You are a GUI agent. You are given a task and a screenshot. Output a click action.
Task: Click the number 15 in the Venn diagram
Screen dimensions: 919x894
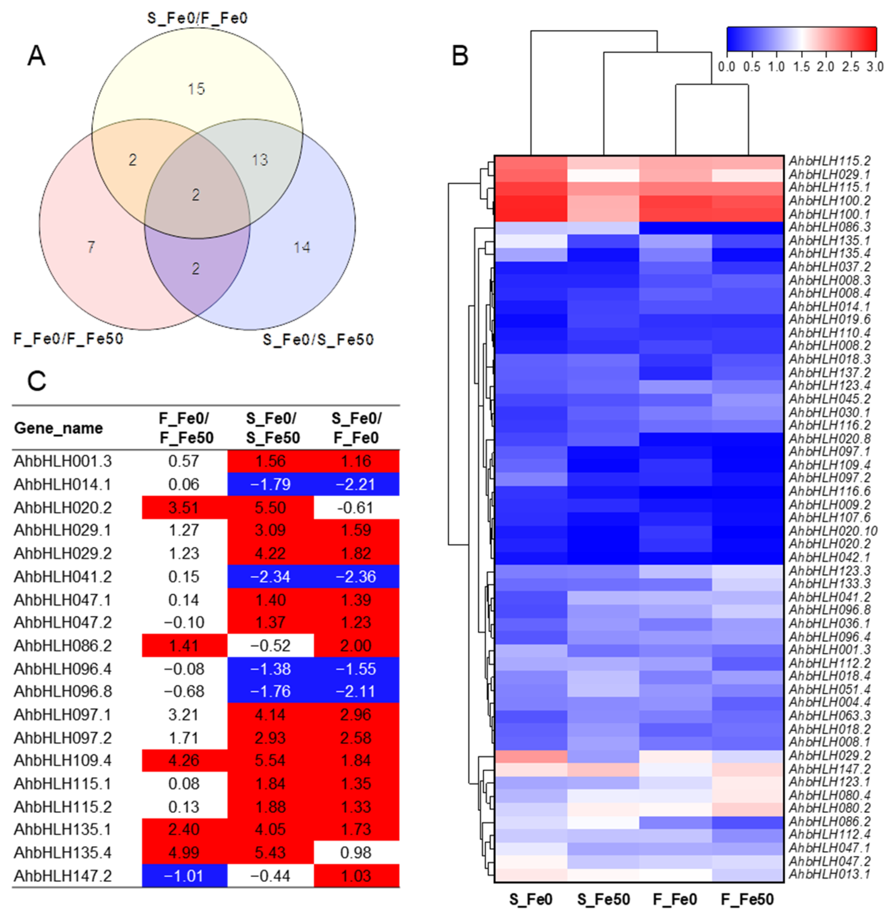pos(196,89)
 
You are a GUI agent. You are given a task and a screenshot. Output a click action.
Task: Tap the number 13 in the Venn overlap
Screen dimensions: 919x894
pos(260,160)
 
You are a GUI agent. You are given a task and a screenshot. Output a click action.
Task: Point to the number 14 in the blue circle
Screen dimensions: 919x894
pos(301,247)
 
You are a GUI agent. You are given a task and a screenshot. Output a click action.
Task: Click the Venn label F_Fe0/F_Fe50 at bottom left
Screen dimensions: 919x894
pos(69,338)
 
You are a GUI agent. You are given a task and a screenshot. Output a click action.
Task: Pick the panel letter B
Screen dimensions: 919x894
pos(460,56)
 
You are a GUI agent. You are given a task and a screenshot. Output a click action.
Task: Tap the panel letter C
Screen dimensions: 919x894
pos(37,381)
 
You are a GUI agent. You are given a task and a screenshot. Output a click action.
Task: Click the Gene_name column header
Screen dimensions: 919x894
pos(58,428)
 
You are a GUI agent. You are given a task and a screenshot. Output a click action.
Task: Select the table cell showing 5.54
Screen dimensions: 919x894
pos(270,761)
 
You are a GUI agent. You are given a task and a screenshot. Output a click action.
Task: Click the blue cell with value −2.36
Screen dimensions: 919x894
pos(356,577)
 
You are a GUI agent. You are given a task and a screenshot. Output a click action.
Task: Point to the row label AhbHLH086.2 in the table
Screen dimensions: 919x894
pos(63,646)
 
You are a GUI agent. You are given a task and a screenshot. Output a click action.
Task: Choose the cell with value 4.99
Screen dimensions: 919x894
pos(184,853)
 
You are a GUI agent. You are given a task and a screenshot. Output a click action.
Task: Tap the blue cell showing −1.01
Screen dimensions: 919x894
pos(184,876)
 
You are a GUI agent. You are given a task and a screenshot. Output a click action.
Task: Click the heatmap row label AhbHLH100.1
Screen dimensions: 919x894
pos(829,214)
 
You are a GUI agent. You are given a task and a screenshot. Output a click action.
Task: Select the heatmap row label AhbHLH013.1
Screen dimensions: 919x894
pos(829,874)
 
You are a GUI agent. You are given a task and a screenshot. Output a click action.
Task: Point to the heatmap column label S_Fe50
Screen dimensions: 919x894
pos(603,899)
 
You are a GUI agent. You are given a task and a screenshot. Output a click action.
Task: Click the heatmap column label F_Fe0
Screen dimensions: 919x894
pos(675,899)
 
